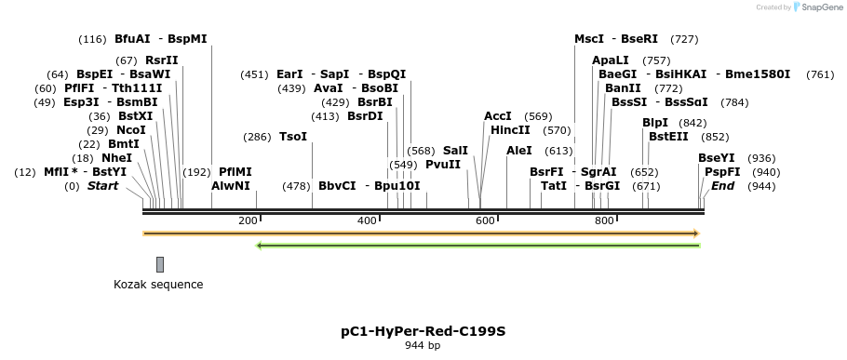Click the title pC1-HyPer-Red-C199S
click(423, 331)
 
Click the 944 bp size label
click(423, 346)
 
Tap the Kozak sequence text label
click(158, 285)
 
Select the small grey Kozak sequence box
click(160, 264)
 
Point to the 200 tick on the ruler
click(248, 220)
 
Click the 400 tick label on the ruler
click(367, 220)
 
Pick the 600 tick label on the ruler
click(485, 220)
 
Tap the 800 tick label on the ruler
click(604, 220)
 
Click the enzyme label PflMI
click(235, 172)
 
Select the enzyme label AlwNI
click(231, 186)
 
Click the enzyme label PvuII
click(443, 165)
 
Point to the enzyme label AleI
click(519, 151)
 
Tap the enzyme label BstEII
click(669, 137)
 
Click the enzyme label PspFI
click(722, 172)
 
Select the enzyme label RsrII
click(161, 60)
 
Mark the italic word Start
click(103, 186)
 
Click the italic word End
click(722, 186)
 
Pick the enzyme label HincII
click(510, 130)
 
